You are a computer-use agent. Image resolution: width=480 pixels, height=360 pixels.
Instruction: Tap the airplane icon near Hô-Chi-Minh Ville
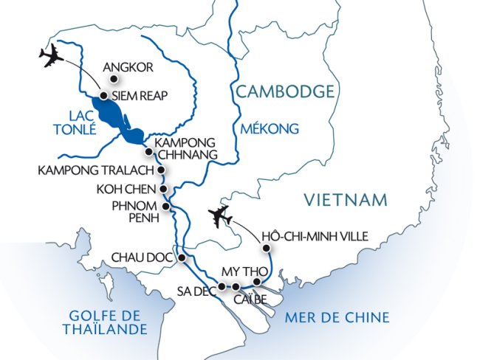(x=222, y=217)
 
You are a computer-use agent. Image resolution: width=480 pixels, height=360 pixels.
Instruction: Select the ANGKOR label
(x=128, y=68)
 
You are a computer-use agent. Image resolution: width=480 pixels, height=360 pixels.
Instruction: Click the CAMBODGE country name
(x=285, y=91)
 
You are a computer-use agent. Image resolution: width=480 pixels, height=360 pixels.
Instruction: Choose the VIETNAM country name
(x=346, y=199)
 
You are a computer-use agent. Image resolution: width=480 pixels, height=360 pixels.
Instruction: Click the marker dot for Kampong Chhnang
(x=148, y=152)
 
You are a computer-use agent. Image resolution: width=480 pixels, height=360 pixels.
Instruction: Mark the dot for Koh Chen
(x=164, y=188)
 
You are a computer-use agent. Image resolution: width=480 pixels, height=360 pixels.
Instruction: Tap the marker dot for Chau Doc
(x=182, y=257)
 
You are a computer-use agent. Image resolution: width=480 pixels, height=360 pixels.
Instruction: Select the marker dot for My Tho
(x=256, y=282)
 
